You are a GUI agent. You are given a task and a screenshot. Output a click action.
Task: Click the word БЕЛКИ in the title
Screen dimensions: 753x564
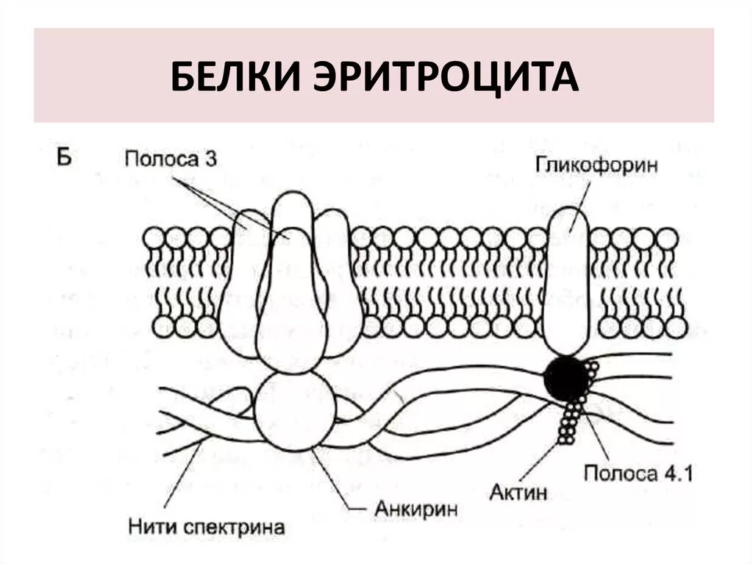coord(236,76)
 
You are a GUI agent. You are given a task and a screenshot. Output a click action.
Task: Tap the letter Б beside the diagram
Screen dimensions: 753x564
coord(64,157)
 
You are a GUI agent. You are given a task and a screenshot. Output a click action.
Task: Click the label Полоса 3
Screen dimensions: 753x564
coord(170,159)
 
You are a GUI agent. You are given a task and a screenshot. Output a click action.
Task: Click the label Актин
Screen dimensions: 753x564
coord(518,492)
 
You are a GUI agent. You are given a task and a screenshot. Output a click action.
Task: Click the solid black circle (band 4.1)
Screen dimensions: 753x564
coord(566,378)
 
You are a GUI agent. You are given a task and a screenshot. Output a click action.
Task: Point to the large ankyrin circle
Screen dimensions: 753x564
coord(294,412)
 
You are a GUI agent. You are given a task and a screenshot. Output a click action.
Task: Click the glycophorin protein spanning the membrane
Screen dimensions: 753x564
coord(566,279)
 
